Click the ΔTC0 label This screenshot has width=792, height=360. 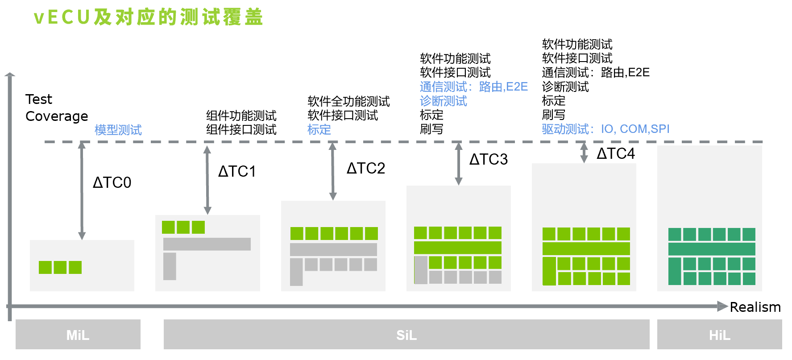[112, 182]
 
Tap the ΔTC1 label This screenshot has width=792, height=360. [237, 171]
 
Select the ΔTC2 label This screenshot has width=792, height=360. [366, 168]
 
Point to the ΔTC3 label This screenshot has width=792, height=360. [489, 159]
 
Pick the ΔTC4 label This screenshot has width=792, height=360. [616, 153]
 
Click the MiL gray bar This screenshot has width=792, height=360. [78, 335]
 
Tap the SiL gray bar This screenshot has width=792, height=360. [406, 335]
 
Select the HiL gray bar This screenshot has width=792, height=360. [719, 335]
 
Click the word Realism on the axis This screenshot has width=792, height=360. [755, 307]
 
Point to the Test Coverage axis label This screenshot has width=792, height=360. [56, 108]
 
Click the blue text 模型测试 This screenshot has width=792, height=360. [118, 130]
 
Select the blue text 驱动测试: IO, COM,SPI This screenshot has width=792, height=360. [605, 129]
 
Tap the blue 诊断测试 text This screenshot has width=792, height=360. [444, 101]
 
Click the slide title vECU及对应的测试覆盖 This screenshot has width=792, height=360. [149, 17]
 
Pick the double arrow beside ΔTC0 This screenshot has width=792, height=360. [82, 190]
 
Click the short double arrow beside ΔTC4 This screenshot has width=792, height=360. [584, 153]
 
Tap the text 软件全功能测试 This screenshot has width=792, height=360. [348, 101]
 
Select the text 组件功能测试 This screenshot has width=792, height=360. [241, 116]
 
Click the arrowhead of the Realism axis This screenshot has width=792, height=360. [722, 306]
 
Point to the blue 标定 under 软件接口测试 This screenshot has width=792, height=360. [319, 129]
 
